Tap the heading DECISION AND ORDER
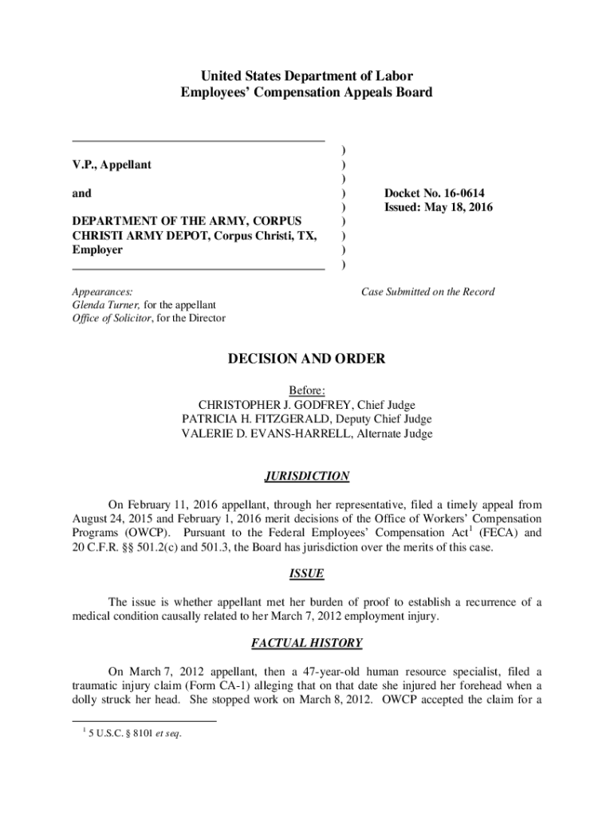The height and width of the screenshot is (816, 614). [x=307, y=359]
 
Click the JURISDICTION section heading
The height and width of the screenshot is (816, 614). [x=307, y=477]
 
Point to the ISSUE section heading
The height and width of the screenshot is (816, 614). [x=307, y=574]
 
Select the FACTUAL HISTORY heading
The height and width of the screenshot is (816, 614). [x=307, y=643]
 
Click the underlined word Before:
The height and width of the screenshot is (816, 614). [x=307, y=390]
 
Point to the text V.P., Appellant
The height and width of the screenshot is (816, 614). [x=112, y=165]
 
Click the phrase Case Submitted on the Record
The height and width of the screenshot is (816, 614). [x=427, y=292]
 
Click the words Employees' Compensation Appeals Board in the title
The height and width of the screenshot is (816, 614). [x=307, y=92]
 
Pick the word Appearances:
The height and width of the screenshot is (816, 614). [x=102, y=292]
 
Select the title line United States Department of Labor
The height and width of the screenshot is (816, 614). [x=307, y=76]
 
